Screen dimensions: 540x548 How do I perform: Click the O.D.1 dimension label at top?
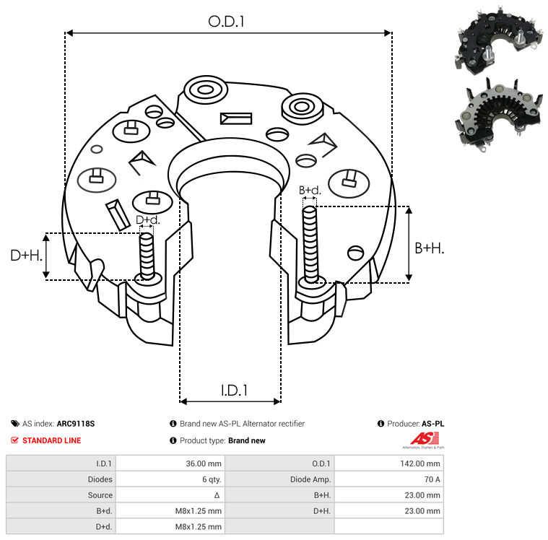point(227,22)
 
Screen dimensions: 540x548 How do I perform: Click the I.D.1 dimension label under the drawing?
point(234,391)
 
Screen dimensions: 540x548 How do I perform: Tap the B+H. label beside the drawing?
point(429,248)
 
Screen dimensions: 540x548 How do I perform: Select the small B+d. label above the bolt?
point(310,191)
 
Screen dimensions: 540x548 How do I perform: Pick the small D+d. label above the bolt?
point(147,220)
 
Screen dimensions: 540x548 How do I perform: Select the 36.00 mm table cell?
point(205,463)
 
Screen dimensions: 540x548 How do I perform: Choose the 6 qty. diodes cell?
point(209,479)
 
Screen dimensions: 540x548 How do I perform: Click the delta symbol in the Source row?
point(217,495)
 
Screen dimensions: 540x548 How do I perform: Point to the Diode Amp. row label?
point(312,479)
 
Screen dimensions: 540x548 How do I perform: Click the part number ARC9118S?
point(75,424)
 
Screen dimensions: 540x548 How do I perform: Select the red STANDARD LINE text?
point(51,440)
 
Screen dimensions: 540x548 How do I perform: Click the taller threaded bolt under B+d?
point(311,244)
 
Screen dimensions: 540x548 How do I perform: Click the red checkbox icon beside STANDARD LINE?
point(15,440)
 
